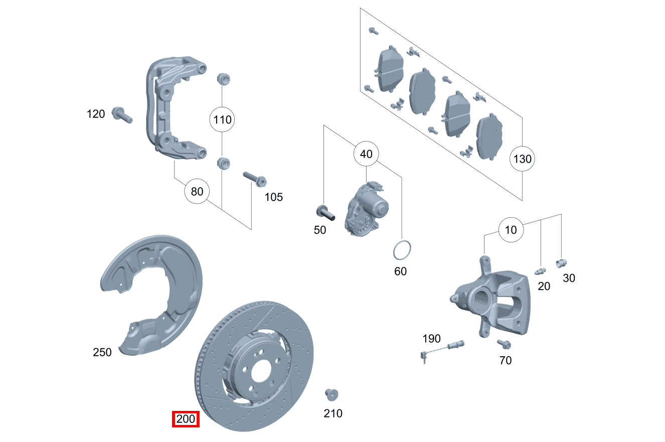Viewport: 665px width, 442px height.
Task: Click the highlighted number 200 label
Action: pyautogui.click(x=186, y=419)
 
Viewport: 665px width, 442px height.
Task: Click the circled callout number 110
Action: pyautogui.click(x=222, y=119)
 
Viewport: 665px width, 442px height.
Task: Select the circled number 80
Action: pyautogui.click(x=197, y=191)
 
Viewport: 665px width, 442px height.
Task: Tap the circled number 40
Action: pyautogui.click(x=367, y=154)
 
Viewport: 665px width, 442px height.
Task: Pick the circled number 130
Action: pyautogui.click(x=523, y=159)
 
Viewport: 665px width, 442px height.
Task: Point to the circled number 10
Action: pyautogui.click(x=511, y=230)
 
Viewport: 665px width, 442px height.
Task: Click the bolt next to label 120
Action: pyautogui.click(x=122, y=114)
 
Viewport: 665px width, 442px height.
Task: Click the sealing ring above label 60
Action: pyautogui.click(x=402, y=250)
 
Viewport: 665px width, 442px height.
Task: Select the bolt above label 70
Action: pyautogui.click(x=504, y=344)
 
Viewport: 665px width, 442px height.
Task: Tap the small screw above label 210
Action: pyautogui.click(x=331, y=394)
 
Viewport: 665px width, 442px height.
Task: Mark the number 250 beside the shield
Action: pyautogui.click(x=102, y=352)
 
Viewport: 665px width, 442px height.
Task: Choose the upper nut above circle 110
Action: pyautogui.click(x=222, y=80)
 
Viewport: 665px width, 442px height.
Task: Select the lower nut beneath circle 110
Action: pyautogui.click(x=222, y=163)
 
